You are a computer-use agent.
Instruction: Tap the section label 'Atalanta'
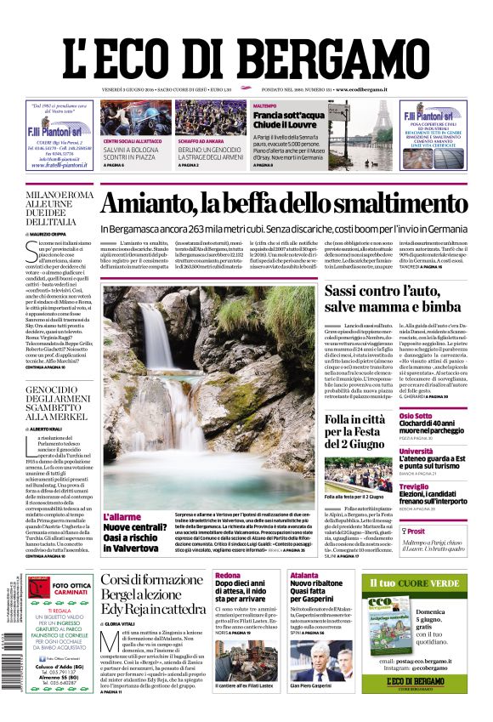(303, 576)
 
